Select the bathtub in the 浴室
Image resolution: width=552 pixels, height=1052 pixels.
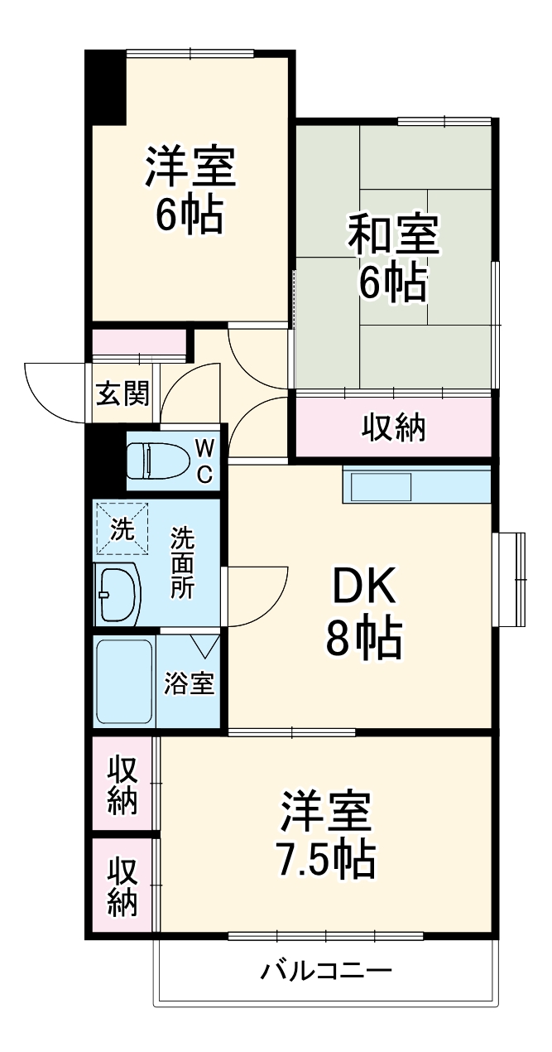click(125, 680)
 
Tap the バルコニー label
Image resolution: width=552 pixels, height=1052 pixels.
click(326, 970)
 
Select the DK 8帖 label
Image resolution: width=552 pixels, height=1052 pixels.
click(364, 613)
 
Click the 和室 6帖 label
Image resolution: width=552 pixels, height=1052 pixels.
click(392, 257)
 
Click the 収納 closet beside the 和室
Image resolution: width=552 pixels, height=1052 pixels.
click(393, 427)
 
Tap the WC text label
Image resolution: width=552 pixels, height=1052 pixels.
click(204, 461)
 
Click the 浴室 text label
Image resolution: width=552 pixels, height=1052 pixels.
click(190, 683)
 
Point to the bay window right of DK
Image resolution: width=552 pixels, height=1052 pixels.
click(510, 580)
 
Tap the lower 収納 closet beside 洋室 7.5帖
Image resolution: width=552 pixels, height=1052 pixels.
click(122, 886)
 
